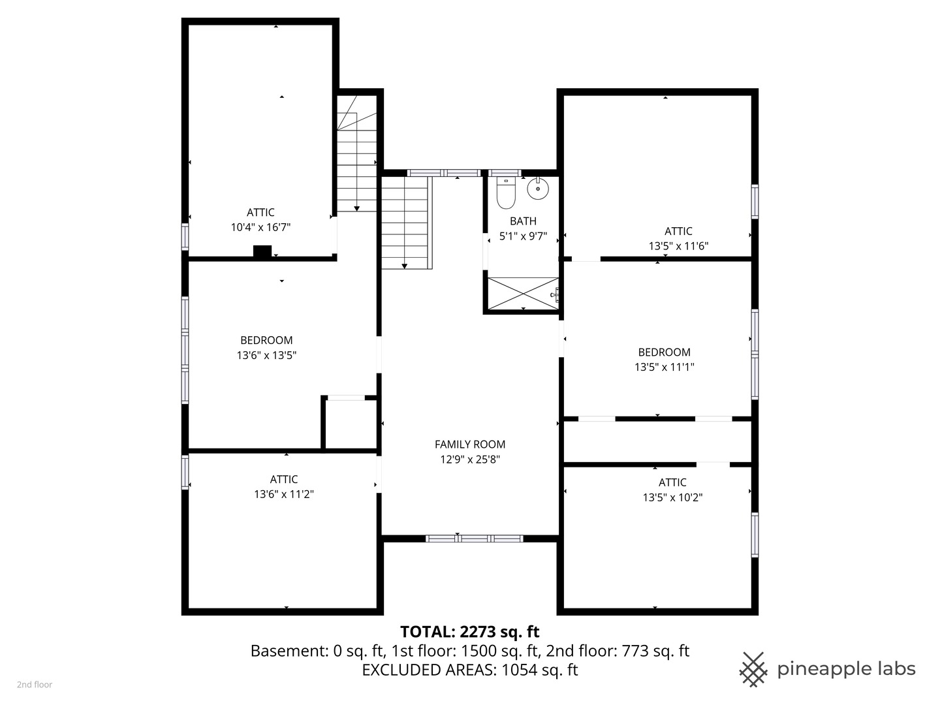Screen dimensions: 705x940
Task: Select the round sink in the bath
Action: pyautogui.click(x=538, y=189)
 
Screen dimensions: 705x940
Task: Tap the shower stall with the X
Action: pyautogui.click(x=523, y=293)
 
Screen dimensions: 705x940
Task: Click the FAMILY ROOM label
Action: pyautogui.click(x=470, y=445)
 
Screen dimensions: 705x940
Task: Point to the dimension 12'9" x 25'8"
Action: pyautogui.click(x=470, y=460)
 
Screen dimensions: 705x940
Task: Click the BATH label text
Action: pyautogui.click(x=523, y=221)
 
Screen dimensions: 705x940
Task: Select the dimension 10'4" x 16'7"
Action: pyautogui.click(x=260, y=227)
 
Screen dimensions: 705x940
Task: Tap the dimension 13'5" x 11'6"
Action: pyautogui.click(x=678, y=246)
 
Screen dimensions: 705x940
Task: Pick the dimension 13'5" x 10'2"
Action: pyautogui.click(x=672, y=497)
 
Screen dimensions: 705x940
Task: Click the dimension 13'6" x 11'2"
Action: pyautogui.click(x=284, y=494)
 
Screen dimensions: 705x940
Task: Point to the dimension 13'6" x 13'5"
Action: pyautogui.click(x=266, y=355)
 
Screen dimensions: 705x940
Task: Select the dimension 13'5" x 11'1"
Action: pyautogui.click(x=664, y=367)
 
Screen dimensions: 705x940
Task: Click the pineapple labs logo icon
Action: pyautogui.click(x=753, y=669)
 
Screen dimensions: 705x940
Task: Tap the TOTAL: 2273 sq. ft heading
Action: pyautogui.click(x=469, y=632)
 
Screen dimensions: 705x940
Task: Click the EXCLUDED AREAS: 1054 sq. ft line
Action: pyautogui.click(x=469, y=670)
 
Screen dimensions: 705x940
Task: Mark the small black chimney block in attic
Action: pyautogui.click(x=262, y=251)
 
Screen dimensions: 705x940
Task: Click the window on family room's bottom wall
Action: pyautogui.click(x=474, y=539)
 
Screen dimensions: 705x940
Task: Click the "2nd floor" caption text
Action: pyautogui.click(x=35, y=685)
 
